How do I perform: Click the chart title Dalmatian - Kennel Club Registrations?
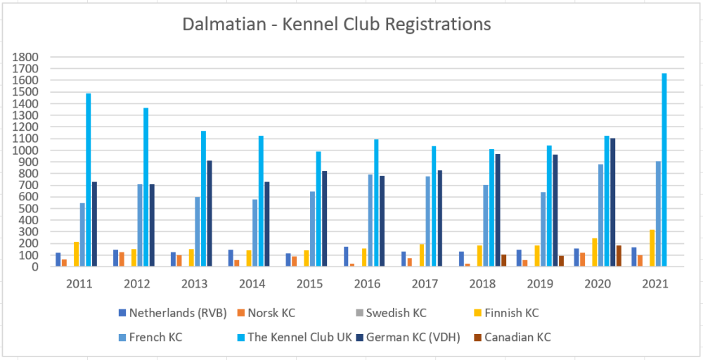click(x=337, y=24)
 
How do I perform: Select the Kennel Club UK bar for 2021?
click(x=664, y=169)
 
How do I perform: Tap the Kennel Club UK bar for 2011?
click(x=89, y=180)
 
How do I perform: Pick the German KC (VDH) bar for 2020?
click(x=613, y=202)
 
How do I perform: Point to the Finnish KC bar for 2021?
click(x=652, y=247)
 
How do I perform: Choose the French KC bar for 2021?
click(x=659, y=214)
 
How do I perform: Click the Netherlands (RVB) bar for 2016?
click(x=347, y=256)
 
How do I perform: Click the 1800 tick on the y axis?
click(x=26, y=57)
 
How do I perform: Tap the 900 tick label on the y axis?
click(x=29, y=162)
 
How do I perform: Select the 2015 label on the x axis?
click(x=310, y=283)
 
